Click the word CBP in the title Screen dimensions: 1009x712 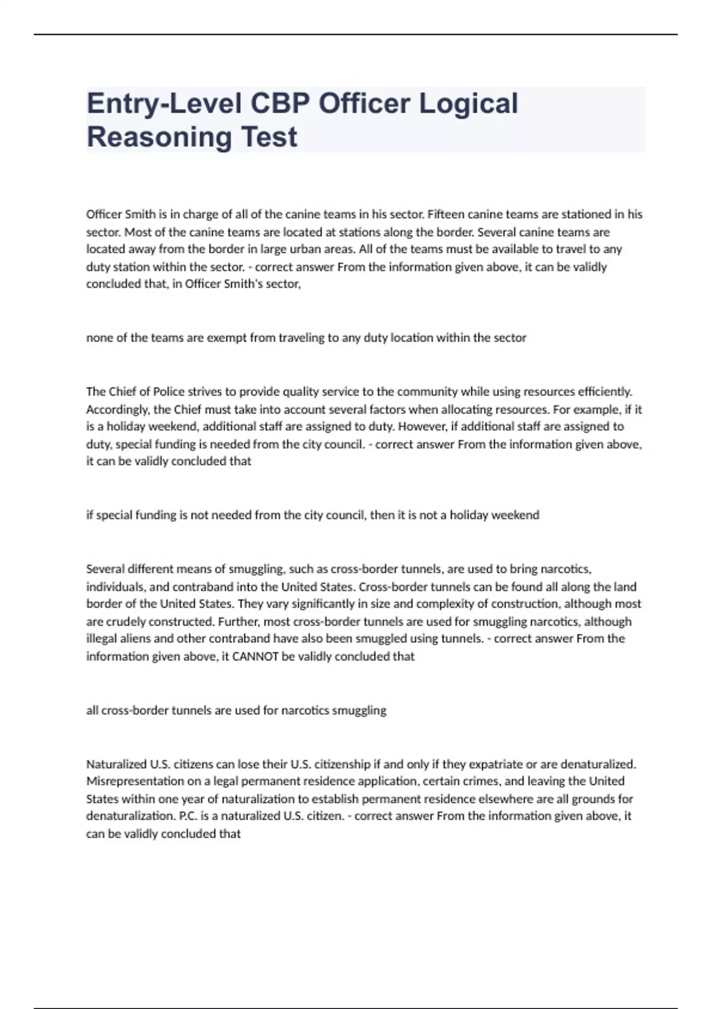pyautogui.click(x=279, y=103)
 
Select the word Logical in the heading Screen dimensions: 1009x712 pyautogui.click(x=469, y=103)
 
